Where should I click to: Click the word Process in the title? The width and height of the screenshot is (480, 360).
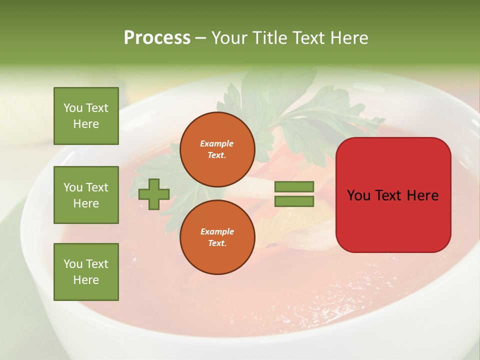tap(157, 38)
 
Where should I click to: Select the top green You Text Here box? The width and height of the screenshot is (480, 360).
tap(86, 116)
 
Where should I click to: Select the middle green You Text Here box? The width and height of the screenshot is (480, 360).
tap(86, 195)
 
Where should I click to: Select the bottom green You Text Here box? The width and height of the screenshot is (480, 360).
tap(86, 271)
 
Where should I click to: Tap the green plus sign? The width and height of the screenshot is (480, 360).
tap(153, 194)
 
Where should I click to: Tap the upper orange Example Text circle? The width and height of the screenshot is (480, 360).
tap(217, 149)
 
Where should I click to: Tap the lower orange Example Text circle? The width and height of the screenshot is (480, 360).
tap(217, 237)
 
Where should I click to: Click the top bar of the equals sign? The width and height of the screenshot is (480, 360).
tap(294, 186)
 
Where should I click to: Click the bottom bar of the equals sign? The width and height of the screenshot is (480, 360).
tap(294, 201)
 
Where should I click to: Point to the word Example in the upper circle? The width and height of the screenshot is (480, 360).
tap(216, 143)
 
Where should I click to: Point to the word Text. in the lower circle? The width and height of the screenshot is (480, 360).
tap(217, 243)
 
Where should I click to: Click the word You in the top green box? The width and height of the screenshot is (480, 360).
tap(73, 108)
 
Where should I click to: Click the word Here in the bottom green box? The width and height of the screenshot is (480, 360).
tap(86, 280)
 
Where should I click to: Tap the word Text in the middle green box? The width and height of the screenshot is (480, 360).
tap(97, 187)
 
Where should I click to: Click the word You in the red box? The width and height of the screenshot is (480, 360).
tap(358, 195)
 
